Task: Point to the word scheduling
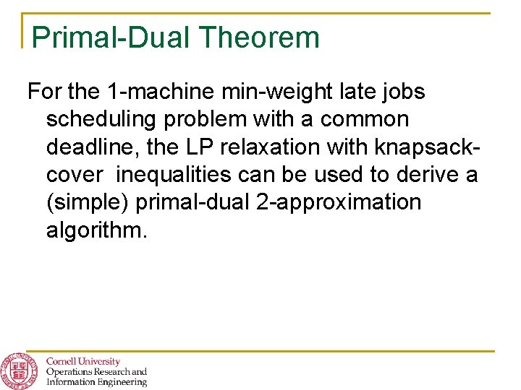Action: tap(103, 120)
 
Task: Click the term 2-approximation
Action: tap(338, 203)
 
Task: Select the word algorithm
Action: tap(96, 230)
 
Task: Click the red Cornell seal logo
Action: tap(18, 370)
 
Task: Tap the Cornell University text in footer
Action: tap(83, 361)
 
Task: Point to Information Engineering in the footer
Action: tap(96, 382)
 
